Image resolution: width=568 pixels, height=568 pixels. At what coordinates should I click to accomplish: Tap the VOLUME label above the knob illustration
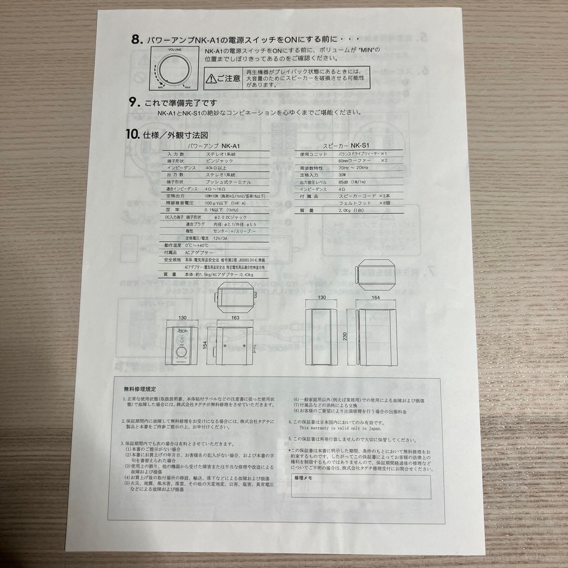(x=176, y=49)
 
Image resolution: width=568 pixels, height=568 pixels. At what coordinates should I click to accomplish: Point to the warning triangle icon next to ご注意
(x=210, y=79)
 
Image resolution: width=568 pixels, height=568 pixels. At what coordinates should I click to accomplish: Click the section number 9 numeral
(x=133, y=103)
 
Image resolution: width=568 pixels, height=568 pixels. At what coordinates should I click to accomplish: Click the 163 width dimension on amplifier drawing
(x=235, y=318)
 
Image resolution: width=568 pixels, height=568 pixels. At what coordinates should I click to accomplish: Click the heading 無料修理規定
(x=139, y=389)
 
